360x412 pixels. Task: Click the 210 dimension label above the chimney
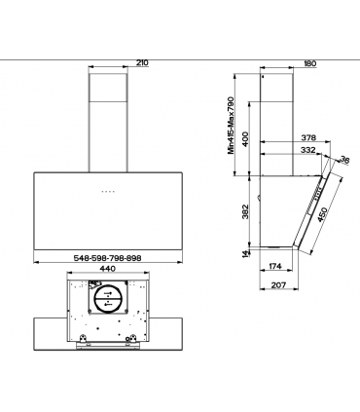[x=142, y=63]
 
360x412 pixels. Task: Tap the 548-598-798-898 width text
[x=107, y=256]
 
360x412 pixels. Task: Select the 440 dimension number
[x=107, y=269]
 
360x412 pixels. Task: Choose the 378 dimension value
[x=308, y=139]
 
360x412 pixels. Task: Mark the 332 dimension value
[x=308, y=152]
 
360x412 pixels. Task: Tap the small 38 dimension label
[x=342, y=162]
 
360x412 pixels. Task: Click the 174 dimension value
[x=275, y=266]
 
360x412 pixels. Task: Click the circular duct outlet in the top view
[x=107, y=296]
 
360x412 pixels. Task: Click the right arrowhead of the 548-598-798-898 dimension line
[x=178, y=261]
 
